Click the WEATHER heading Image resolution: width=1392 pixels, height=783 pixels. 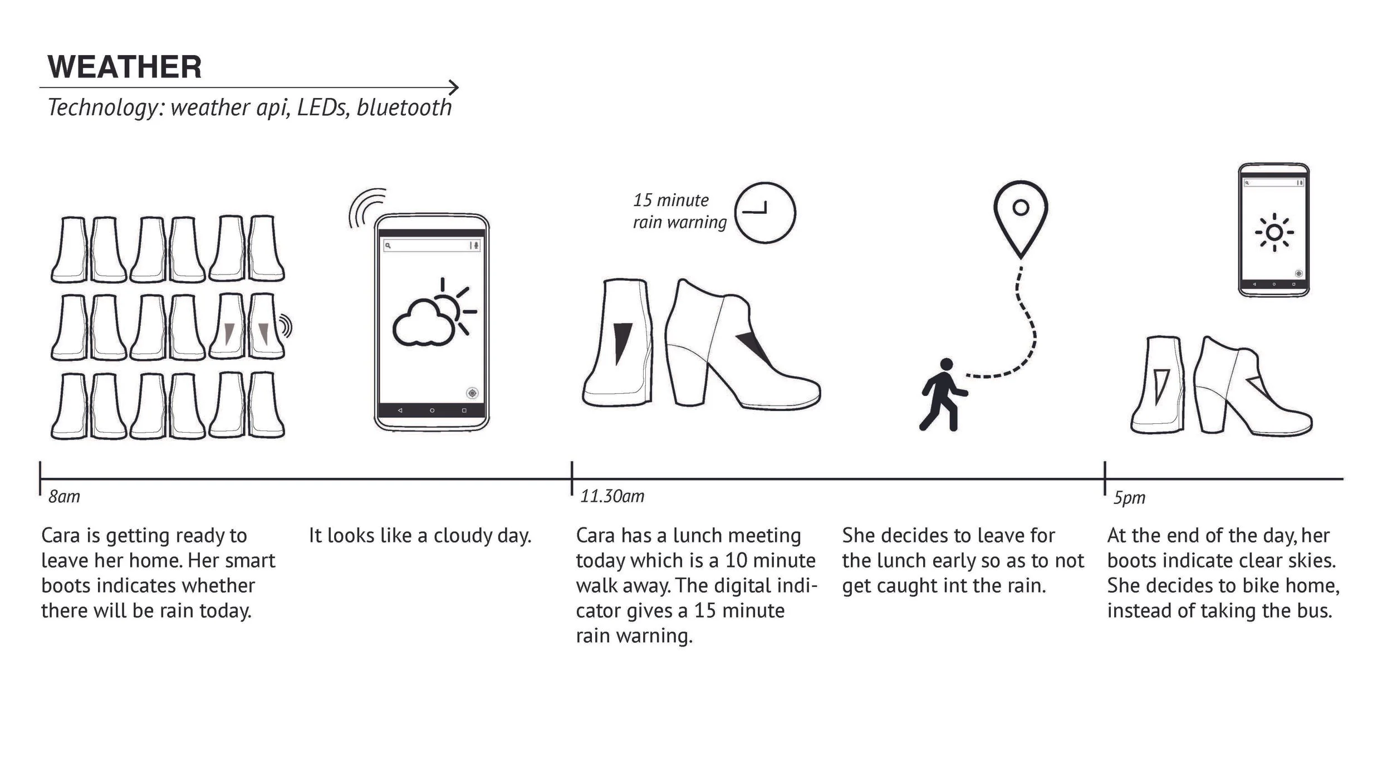click(x=125, y=67)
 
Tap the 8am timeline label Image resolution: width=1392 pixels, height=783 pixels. click(x=64, y=496)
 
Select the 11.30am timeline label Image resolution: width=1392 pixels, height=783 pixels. click(x=612, y=496)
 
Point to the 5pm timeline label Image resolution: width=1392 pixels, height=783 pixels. click(x=1129, y=498)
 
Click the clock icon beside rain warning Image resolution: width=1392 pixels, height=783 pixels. click(x=765, y=212)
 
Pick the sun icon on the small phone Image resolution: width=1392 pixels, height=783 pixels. click(x=1274, y=232)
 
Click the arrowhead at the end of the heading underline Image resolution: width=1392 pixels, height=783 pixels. click(x=454, y=87)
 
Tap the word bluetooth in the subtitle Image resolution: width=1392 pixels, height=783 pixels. click(x=404, y=107)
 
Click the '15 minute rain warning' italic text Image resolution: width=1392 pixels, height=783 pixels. click(x=679, y=211)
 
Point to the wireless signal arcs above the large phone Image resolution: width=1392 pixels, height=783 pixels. click(x=366, y=207)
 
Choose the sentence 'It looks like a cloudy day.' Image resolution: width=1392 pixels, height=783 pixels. click(x=420, y=536)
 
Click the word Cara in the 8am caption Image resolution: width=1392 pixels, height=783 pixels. click(x=60, y=536)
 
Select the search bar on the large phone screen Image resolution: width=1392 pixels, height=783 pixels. click(x=431, y=246)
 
